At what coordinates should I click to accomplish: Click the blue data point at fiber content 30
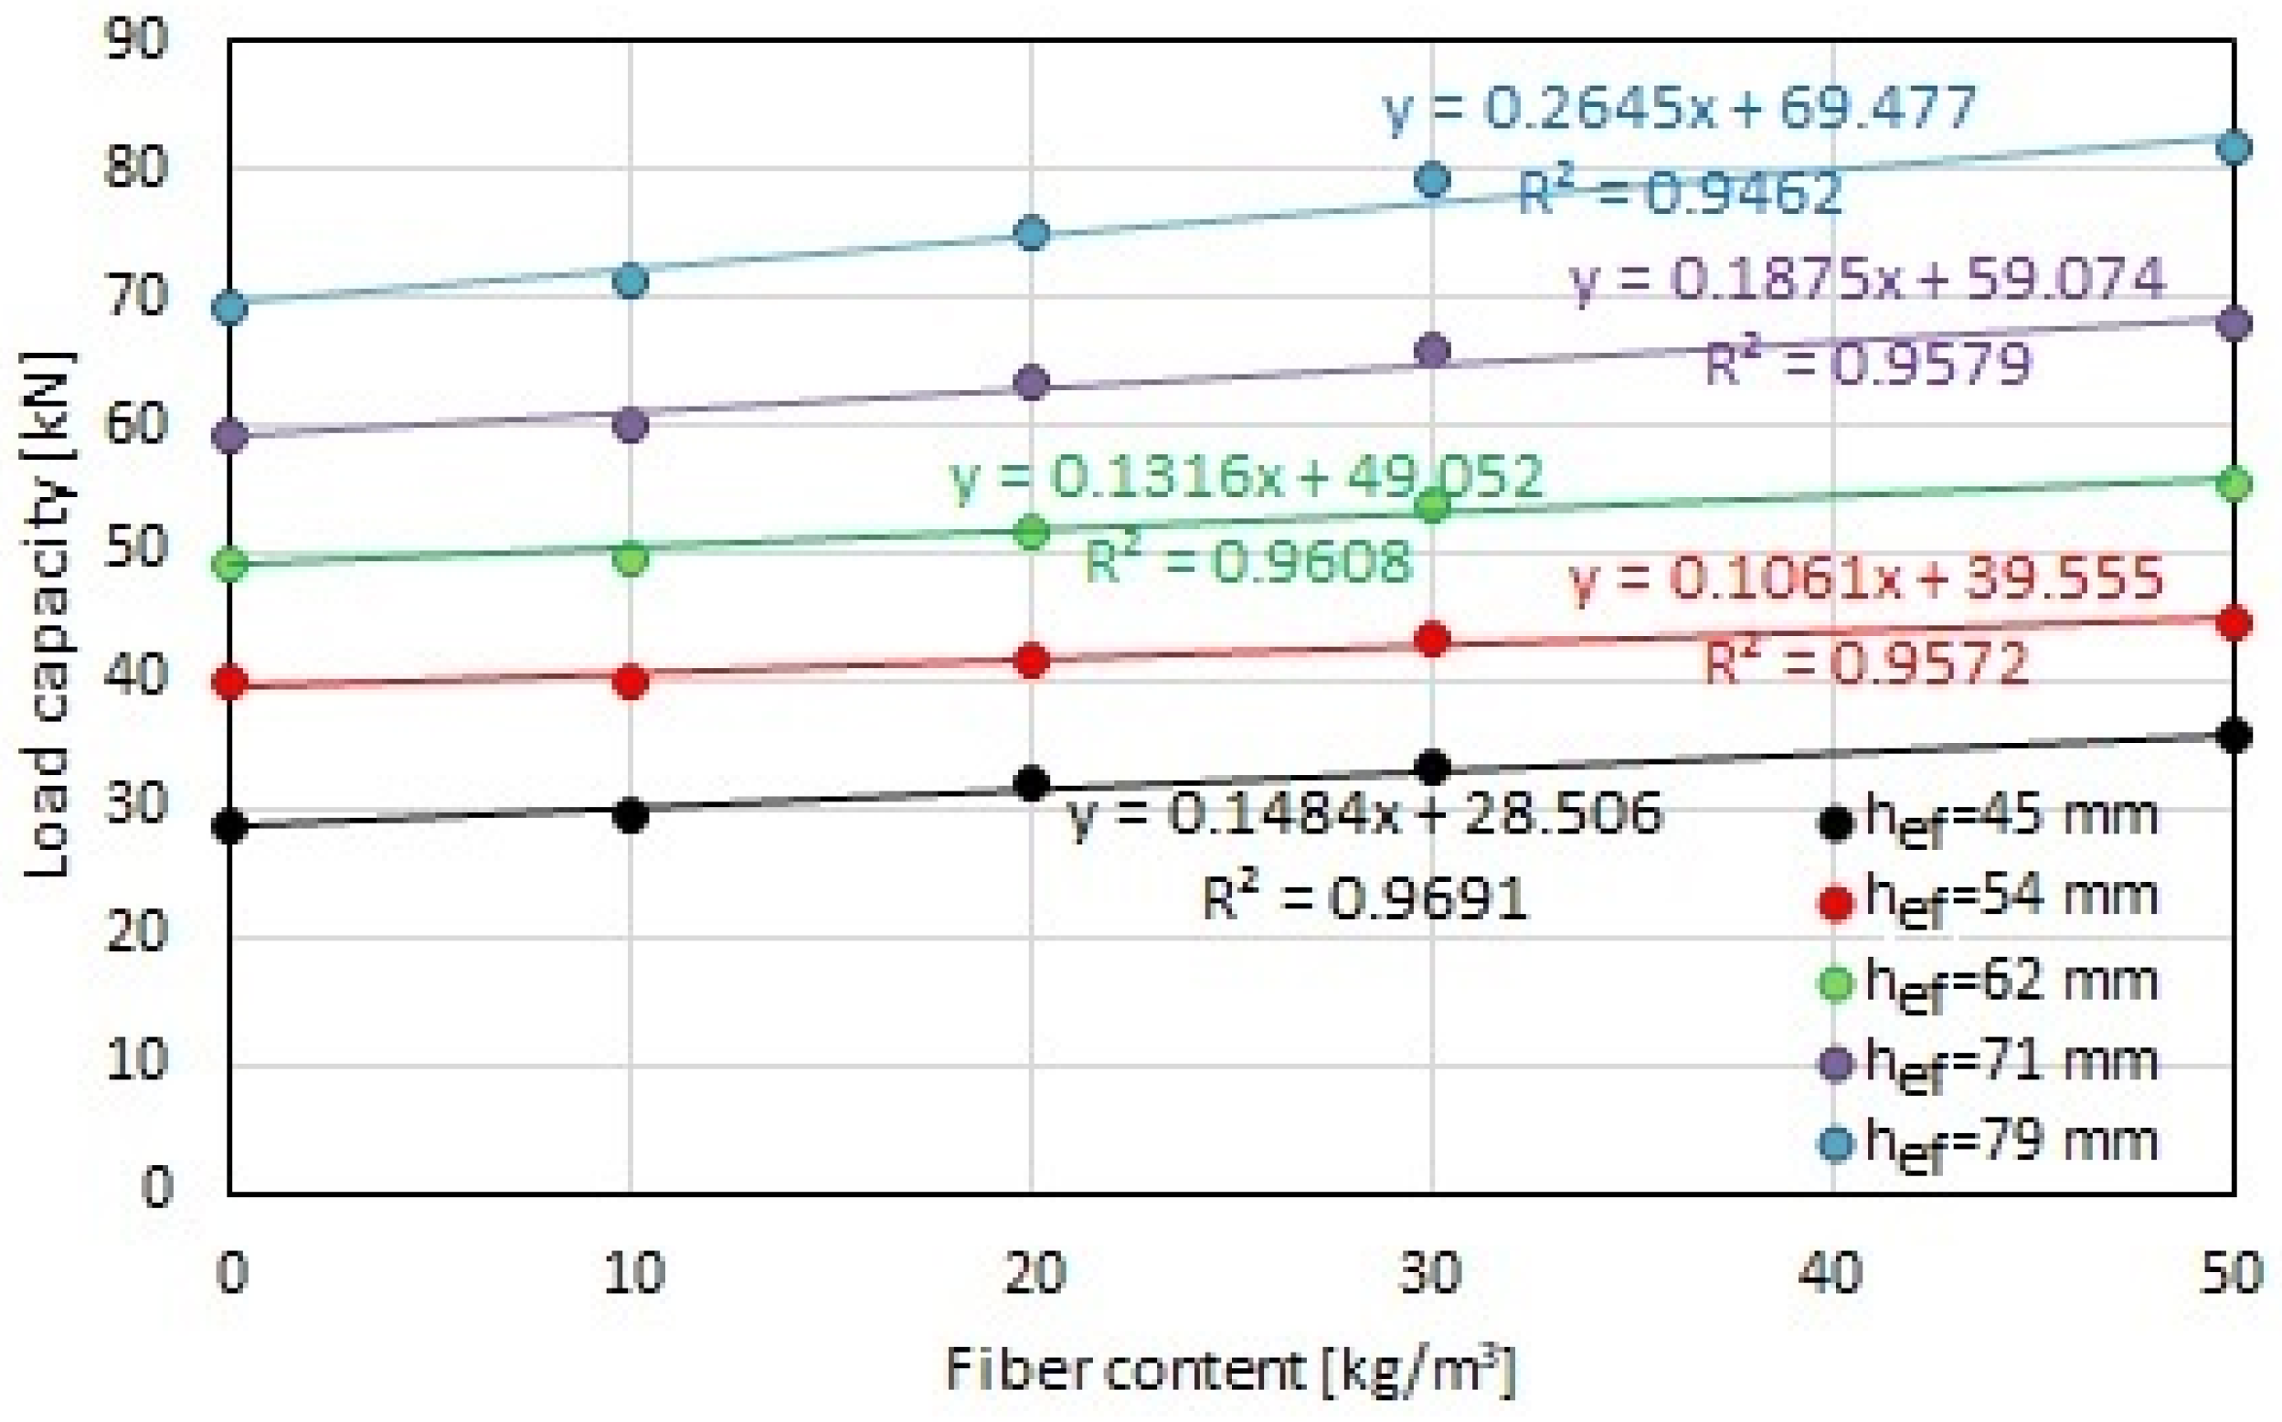point(1432,179)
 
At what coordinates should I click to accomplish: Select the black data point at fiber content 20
point(1033,782)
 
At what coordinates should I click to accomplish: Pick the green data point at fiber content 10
point(631,558)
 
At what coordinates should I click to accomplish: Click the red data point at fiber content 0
point(230,682)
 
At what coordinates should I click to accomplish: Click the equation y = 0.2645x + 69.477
point(1681,109)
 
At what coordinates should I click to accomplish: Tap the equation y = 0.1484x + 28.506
point(1365,814)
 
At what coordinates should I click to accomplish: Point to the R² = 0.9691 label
point(1364,897)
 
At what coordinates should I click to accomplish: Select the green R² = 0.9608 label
point(1249,561)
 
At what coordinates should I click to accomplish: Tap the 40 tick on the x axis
point(1832,1274)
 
